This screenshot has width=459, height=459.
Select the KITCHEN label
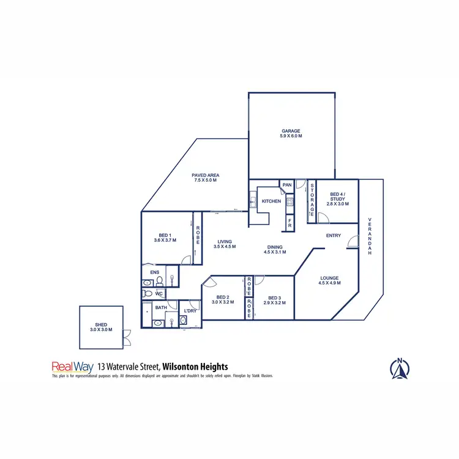(x=271, y=201)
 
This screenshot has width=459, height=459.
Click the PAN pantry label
(x=286, y=185)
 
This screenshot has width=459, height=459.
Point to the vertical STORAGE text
(x=312, y=199)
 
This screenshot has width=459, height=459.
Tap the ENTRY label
(x=334, y=236)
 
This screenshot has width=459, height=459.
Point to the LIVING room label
(x=225, y=244)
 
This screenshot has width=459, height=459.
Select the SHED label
(x=101, y=326)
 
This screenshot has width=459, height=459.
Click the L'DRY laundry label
(x=190, y=311)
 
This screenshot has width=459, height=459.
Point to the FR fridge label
(x=290, y=225)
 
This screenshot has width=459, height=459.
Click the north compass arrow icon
(x=399, y=368)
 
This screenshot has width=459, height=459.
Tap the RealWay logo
(x=72, y=367)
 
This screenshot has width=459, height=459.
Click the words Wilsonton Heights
(x=195, y=367)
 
